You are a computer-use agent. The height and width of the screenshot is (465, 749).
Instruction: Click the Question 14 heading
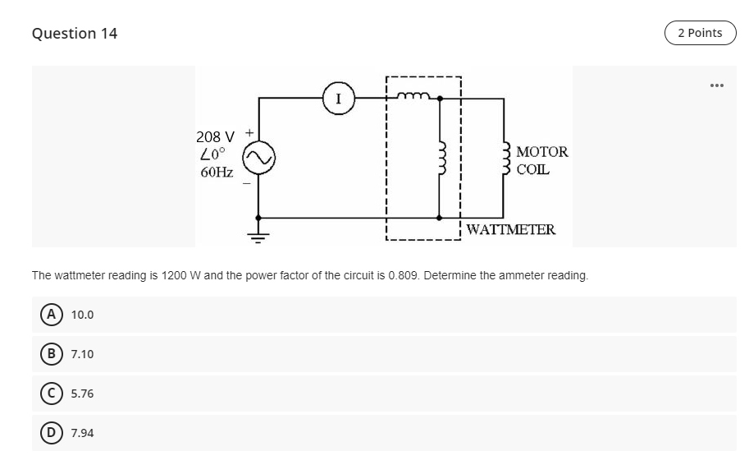click(x=75, y=34)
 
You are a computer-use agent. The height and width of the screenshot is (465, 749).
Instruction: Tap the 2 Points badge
click(x=700, y=33)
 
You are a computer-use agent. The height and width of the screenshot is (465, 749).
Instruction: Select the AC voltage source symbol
click(x=258, y=156)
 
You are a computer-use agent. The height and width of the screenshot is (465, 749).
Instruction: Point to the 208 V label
click(x=215, y=136)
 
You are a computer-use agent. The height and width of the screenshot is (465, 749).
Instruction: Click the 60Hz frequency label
click(x=217, y=173)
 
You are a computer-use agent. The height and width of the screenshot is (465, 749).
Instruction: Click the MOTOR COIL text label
click(x=541, y=161)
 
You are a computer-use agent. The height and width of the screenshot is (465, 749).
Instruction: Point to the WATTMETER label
click(x=510, y=229)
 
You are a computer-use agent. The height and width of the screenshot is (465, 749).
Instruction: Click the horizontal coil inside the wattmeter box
click(x=415, y=96)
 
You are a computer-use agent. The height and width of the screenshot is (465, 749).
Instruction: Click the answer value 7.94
click(x=82, y=433)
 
